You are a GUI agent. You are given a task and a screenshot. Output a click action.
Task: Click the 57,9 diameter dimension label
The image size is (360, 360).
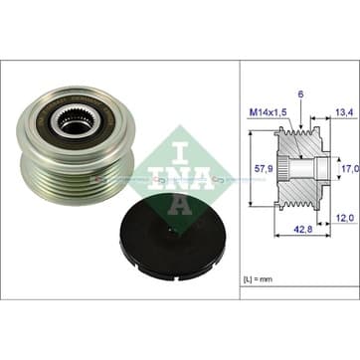pyautogui.click(x=265, y=168)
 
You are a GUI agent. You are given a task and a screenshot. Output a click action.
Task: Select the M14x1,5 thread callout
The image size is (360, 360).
pyautogui.click(x=268, y=112)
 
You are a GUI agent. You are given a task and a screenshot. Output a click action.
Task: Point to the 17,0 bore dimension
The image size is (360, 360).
pyautogui.click(x=351, y=169)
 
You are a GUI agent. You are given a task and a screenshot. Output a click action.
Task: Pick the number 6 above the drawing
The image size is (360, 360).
pyautogui.click(x=300, y=94)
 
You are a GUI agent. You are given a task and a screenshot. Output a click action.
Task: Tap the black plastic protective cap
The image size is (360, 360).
pyautogui.click(x=172, y=237)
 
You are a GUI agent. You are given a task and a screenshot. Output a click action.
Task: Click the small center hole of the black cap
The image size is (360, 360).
pyautogui.click(x=171, y=229)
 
